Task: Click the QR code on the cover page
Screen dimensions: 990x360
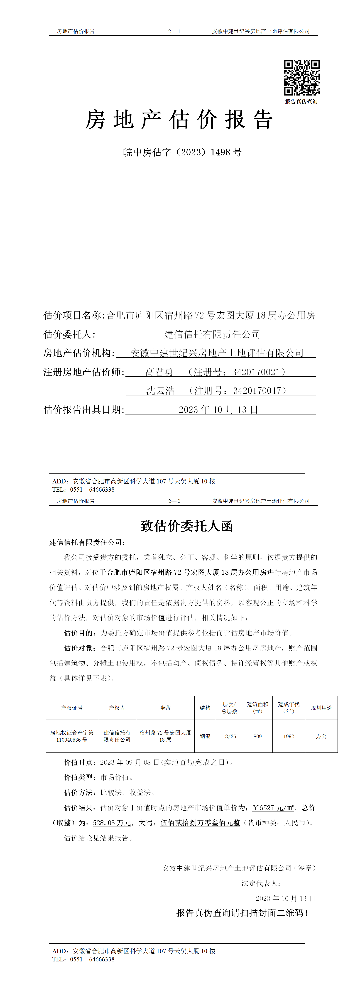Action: [x=302, y=78]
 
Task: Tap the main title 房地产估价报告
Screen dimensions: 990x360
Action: [x=179, y=120]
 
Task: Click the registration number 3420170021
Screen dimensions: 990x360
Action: [x=256, y=372]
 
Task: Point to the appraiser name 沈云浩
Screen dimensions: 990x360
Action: [x=160, y=391]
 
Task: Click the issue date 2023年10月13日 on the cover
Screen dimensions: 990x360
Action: [x=218, y=410]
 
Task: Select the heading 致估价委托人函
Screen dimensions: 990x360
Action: [x=187, y=526]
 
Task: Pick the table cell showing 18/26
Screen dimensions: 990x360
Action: [x=229, y=736]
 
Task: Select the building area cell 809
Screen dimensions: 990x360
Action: [x=257, y=736]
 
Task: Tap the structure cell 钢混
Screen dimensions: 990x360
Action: [x=205, y=736]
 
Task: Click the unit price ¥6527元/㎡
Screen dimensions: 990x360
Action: [x=273, y=808]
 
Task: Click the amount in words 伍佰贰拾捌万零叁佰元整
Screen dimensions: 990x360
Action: [x=200, y=823]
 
